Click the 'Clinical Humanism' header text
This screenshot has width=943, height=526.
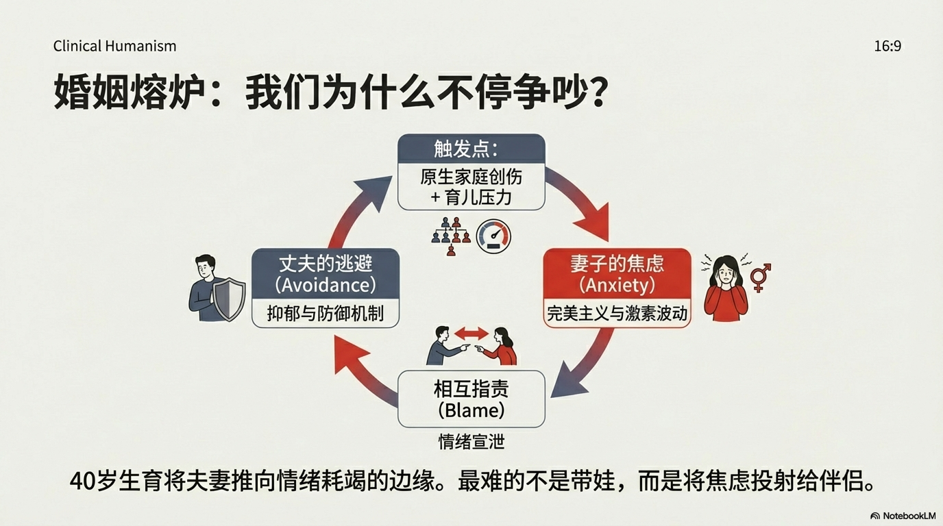pos(114,46)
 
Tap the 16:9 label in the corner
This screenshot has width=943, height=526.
pos(887,46)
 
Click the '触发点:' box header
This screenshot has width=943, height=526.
pos(466,149)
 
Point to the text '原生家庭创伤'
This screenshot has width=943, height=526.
pos(471,177)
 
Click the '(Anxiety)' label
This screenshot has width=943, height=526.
pos(617,285)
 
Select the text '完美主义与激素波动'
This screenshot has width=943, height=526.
pos(617,314)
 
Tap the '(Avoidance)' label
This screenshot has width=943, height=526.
pos(326,285)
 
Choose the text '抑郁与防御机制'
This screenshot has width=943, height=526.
pos(326,314)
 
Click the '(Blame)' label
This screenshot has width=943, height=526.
pos(471,410)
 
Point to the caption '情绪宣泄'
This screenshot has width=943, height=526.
pos(472,442)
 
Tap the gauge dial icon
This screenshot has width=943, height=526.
pos(493,236)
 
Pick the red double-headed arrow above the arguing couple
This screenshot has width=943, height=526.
pos(472,334)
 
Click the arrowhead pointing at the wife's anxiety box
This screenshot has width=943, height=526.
pos(593,221)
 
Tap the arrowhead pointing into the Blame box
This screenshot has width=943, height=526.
pos(568,383)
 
